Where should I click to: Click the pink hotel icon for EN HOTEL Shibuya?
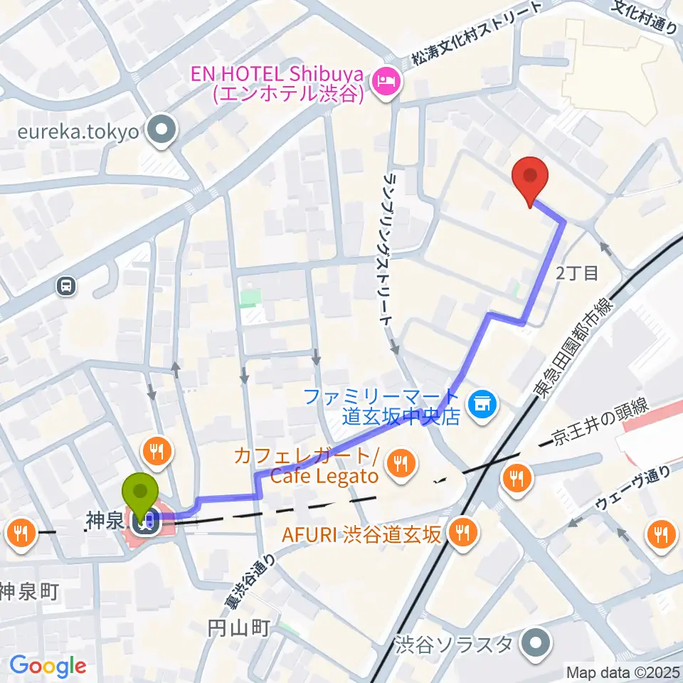[388, 83]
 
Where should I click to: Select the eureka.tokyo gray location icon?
[162, 129]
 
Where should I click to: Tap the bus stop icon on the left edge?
[66, 286]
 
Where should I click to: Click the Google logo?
[48, 666]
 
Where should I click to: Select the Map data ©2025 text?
[623, 672]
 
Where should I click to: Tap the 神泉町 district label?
[27, 591]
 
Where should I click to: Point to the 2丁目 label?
[577, 272]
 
